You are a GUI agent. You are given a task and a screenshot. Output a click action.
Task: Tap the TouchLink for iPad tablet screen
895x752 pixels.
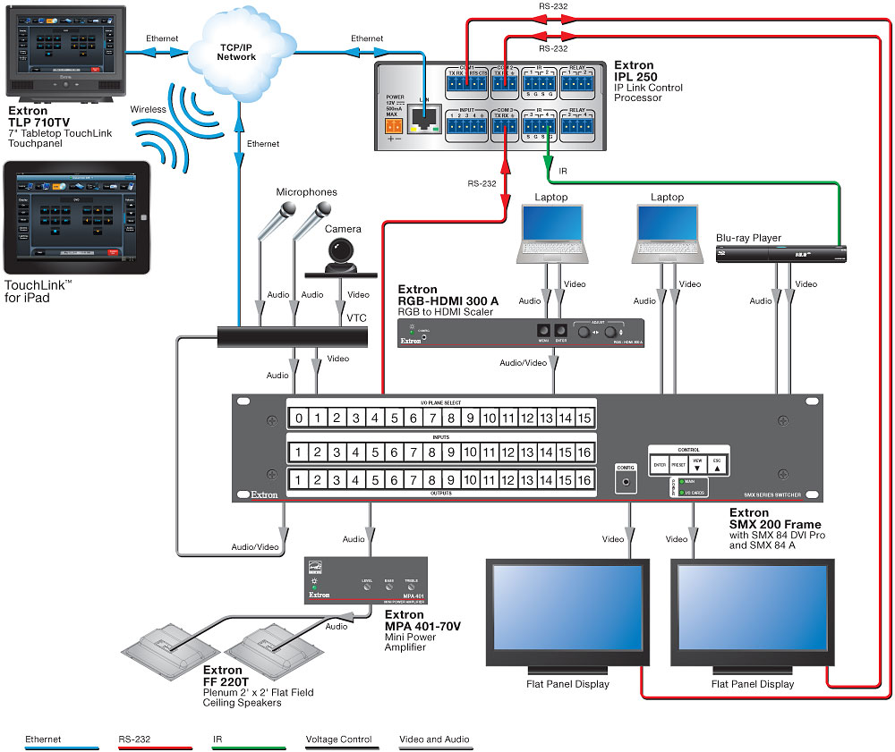point(75,218)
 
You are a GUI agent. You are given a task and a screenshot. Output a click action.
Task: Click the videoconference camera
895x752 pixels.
point(340,258)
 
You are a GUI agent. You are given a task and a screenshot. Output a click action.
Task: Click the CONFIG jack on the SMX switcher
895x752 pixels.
point(625,482)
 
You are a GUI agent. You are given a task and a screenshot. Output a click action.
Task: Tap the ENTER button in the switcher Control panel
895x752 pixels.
point(660,466)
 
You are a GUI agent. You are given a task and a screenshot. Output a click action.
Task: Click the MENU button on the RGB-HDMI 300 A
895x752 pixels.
point(542,332)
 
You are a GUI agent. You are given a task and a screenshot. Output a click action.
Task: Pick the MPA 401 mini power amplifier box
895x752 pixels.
point(366,580)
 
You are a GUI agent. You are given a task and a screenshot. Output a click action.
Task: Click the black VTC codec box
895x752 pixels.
point(294,337)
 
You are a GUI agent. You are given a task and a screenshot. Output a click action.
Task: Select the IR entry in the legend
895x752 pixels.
point(217,739)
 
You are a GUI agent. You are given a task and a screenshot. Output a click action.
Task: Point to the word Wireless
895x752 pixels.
point(149,110)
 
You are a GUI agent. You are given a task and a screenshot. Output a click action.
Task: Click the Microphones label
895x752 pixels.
point(306,192)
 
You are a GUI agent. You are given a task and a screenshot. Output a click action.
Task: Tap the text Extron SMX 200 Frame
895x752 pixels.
point(775,519)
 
